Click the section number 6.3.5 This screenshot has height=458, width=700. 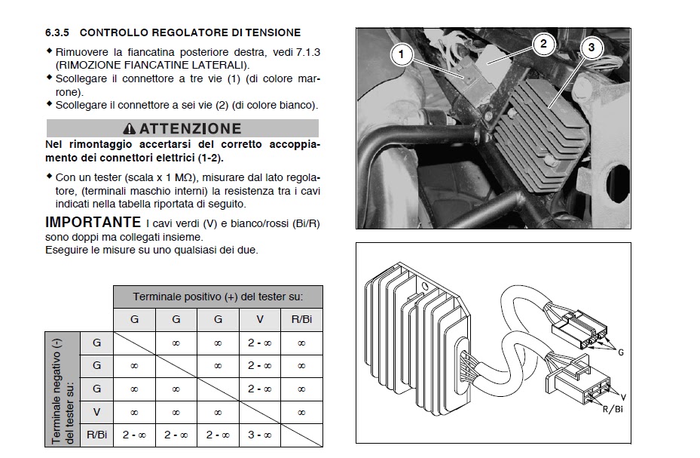[58, 32]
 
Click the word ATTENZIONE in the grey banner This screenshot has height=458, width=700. [190, 129]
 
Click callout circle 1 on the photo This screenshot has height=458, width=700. [402, 54]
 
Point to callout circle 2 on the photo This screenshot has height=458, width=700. [543, 43]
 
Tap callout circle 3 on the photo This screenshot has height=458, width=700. [591, 48]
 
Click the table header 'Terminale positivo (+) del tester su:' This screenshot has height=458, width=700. [218, 297]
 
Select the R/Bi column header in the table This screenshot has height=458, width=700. [301, 319]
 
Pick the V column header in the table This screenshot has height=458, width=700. [259, 319]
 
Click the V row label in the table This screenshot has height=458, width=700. [96, 412]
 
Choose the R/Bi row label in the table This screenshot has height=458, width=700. [96, 435]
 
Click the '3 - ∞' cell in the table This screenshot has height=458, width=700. [259, 435]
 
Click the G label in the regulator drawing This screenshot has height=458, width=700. [620, 352]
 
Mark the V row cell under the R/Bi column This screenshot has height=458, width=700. [301, 412]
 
